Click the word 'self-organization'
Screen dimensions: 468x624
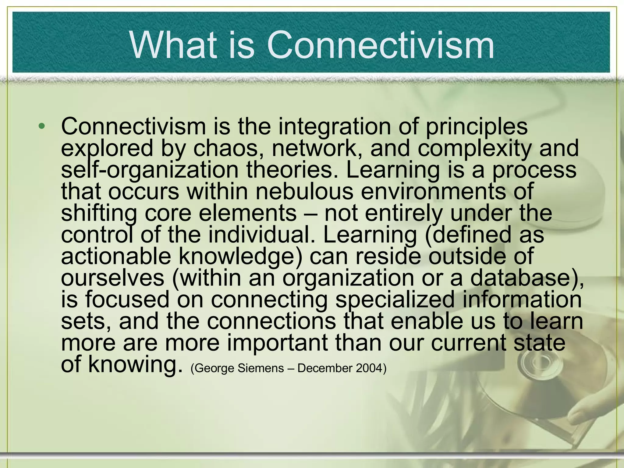point(150,170)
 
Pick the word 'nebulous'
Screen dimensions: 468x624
point(304,191)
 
